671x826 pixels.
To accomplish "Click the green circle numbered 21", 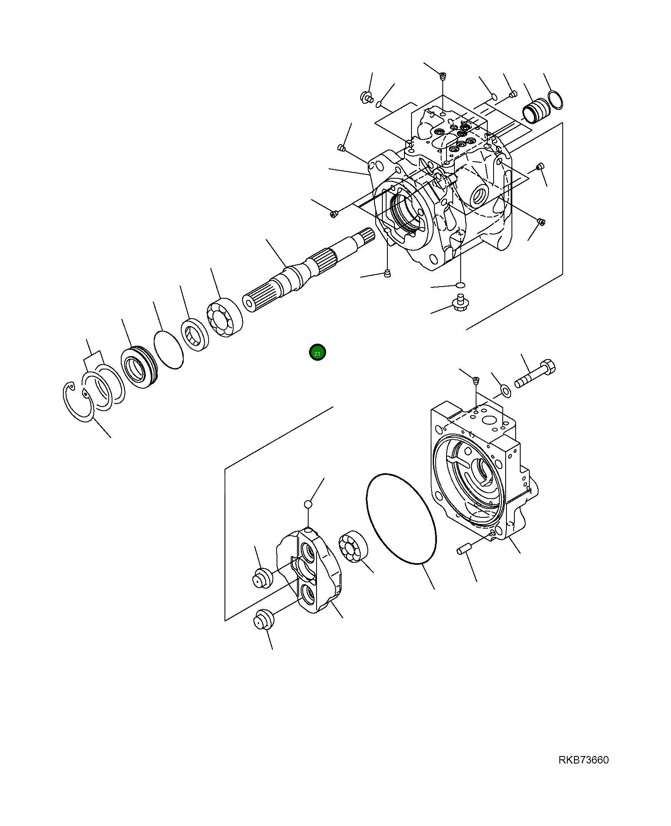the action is click(317, 352).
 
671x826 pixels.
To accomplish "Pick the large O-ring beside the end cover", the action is click(402, 519).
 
